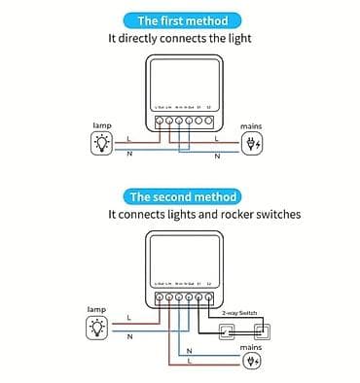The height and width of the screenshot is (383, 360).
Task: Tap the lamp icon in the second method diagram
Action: pos(96,328)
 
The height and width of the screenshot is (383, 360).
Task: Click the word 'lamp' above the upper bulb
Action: pos(102,126)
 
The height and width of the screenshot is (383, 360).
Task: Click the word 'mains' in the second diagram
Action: pos(251,346)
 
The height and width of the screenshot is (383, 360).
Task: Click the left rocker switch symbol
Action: pos(228,331)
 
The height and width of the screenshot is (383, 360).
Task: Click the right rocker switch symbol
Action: pos(261,331)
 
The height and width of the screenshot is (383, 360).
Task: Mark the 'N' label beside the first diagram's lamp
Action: pos(129,154)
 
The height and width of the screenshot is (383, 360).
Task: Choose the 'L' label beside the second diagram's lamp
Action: pos(126,318)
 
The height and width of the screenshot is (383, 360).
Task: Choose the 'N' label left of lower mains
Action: pos(189,351)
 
